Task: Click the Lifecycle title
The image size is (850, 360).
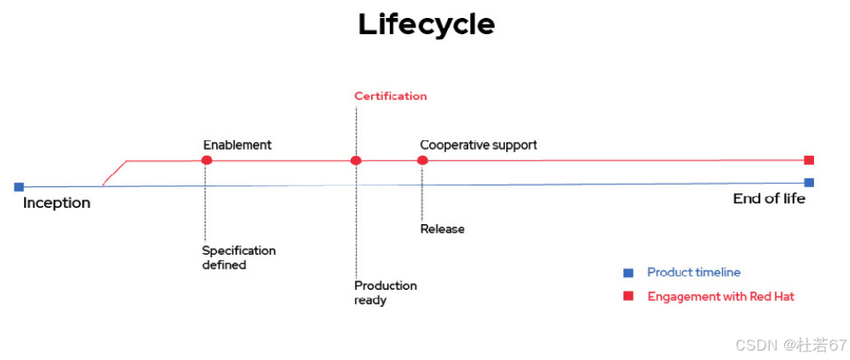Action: (426, 24)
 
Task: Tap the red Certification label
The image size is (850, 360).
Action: (391, 96)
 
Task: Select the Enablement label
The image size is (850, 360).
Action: (237, 145)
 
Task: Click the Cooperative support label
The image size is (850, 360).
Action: (478, 145)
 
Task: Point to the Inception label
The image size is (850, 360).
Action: (56, 203)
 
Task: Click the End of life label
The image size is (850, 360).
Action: (769, 198)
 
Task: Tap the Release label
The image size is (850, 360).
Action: (442, 229)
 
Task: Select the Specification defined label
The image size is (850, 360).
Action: (239, 257)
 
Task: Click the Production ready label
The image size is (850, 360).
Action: (385, 292)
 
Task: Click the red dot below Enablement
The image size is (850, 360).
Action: (206, 160)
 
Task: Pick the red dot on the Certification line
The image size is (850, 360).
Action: (356, 160)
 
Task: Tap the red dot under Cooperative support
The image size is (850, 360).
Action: (422, 160)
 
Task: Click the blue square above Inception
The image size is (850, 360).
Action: (19, 186)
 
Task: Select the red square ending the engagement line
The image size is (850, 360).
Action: (809, 160)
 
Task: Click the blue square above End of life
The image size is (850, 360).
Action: (809, 182)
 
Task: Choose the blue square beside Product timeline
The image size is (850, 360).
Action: (629, 273)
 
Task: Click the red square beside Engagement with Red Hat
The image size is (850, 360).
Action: (629, 296)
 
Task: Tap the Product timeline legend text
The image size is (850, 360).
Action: (694, 273)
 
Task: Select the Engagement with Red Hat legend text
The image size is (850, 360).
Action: (721, 297)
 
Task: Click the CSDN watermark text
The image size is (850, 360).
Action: (790, 345)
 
